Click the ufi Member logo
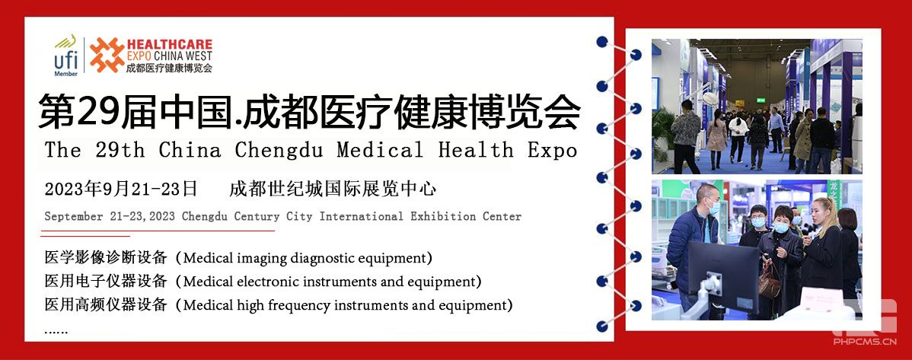(x=65, y=56)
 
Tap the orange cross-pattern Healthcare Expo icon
(x=107, y=56)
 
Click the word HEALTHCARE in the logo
(x=169, y=44)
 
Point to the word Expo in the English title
(x=553, y=150)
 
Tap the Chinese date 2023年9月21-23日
(x=121, y=189)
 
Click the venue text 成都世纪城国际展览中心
(x=333, y=189)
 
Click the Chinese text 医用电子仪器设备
(x=106, y=282)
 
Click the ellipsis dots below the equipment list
(x=56, y=332)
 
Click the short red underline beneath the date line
(x=85, y=236)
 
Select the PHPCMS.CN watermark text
(x=865, y=342)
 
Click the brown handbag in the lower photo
(x=769, y=283)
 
